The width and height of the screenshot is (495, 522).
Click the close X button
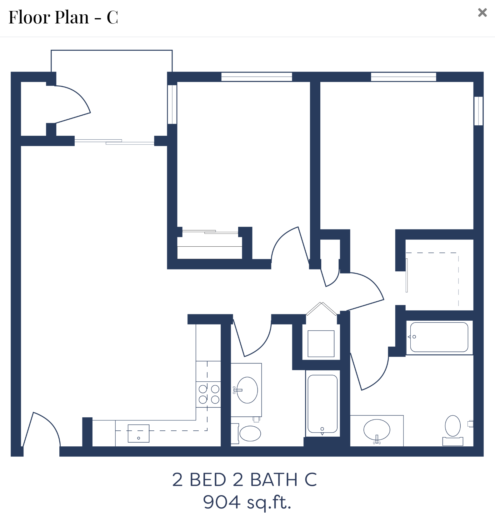point(482,13)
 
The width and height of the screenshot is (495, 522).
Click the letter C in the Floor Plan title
point(112,18)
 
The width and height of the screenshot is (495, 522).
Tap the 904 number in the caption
point(222,502)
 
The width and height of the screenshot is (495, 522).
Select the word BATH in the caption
point(274,479)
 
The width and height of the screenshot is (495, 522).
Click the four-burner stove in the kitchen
point(208,394)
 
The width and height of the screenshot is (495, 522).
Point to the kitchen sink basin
point(138,433)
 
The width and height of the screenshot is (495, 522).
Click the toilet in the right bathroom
point(453,430)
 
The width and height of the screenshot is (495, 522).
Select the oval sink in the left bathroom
point(247,390)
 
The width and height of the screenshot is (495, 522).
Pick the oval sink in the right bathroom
point(377,430)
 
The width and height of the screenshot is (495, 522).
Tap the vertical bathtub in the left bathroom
point(322,404)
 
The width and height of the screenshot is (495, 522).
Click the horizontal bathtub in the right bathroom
point(439,337)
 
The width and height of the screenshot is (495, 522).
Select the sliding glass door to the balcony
point(114,142)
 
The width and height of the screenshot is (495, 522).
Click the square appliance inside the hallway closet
point(321,344)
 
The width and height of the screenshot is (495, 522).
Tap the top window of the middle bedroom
point(257,77)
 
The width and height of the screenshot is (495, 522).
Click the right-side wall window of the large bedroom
point(478,111)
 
